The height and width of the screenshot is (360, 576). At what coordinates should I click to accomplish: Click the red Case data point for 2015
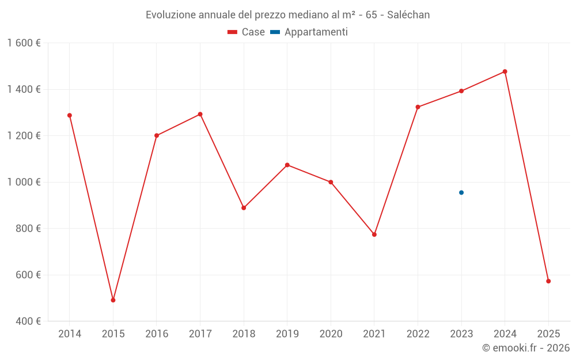click(113, 300)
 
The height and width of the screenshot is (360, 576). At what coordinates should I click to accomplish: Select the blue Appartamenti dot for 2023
click(461, 192)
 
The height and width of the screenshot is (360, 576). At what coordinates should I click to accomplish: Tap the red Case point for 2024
click(505, 71)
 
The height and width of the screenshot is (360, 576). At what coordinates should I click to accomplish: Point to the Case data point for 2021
click(374, 234)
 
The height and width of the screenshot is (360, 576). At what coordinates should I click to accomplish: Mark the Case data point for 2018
click(244, 208)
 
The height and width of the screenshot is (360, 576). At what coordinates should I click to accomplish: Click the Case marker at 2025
click(548, 281)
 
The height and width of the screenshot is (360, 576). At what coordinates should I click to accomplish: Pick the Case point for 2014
click(70, 115)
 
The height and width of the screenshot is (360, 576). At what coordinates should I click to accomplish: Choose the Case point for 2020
click(331, 182)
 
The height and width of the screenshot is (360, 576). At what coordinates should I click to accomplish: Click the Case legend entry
click(247, 32)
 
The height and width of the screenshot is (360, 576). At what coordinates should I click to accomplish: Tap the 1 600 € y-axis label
click(24, 43)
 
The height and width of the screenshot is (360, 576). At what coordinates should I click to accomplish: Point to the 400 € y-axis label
click(28, 321)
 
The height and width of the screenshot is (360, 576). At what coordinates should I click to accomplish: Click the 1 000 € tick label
click(24, 182)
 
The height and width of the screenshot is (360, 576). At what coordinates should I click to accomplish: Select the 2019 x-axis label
click(287, 334)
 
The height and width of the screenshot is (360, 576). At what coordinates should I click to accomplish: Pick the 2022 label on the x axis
click(418, 334)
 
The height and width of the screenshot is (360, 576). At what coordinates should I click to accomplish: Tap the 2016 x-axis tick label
click(157, 334)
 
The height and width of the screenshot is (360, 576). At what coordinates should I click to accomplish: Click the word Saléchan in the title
click(410, 14)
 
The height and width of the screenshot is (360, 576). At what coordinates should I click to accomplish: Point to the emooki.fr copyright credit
click(525, 348)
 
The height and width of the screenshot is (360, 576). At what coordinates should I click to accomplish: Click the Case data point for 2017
click(200, 114)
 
